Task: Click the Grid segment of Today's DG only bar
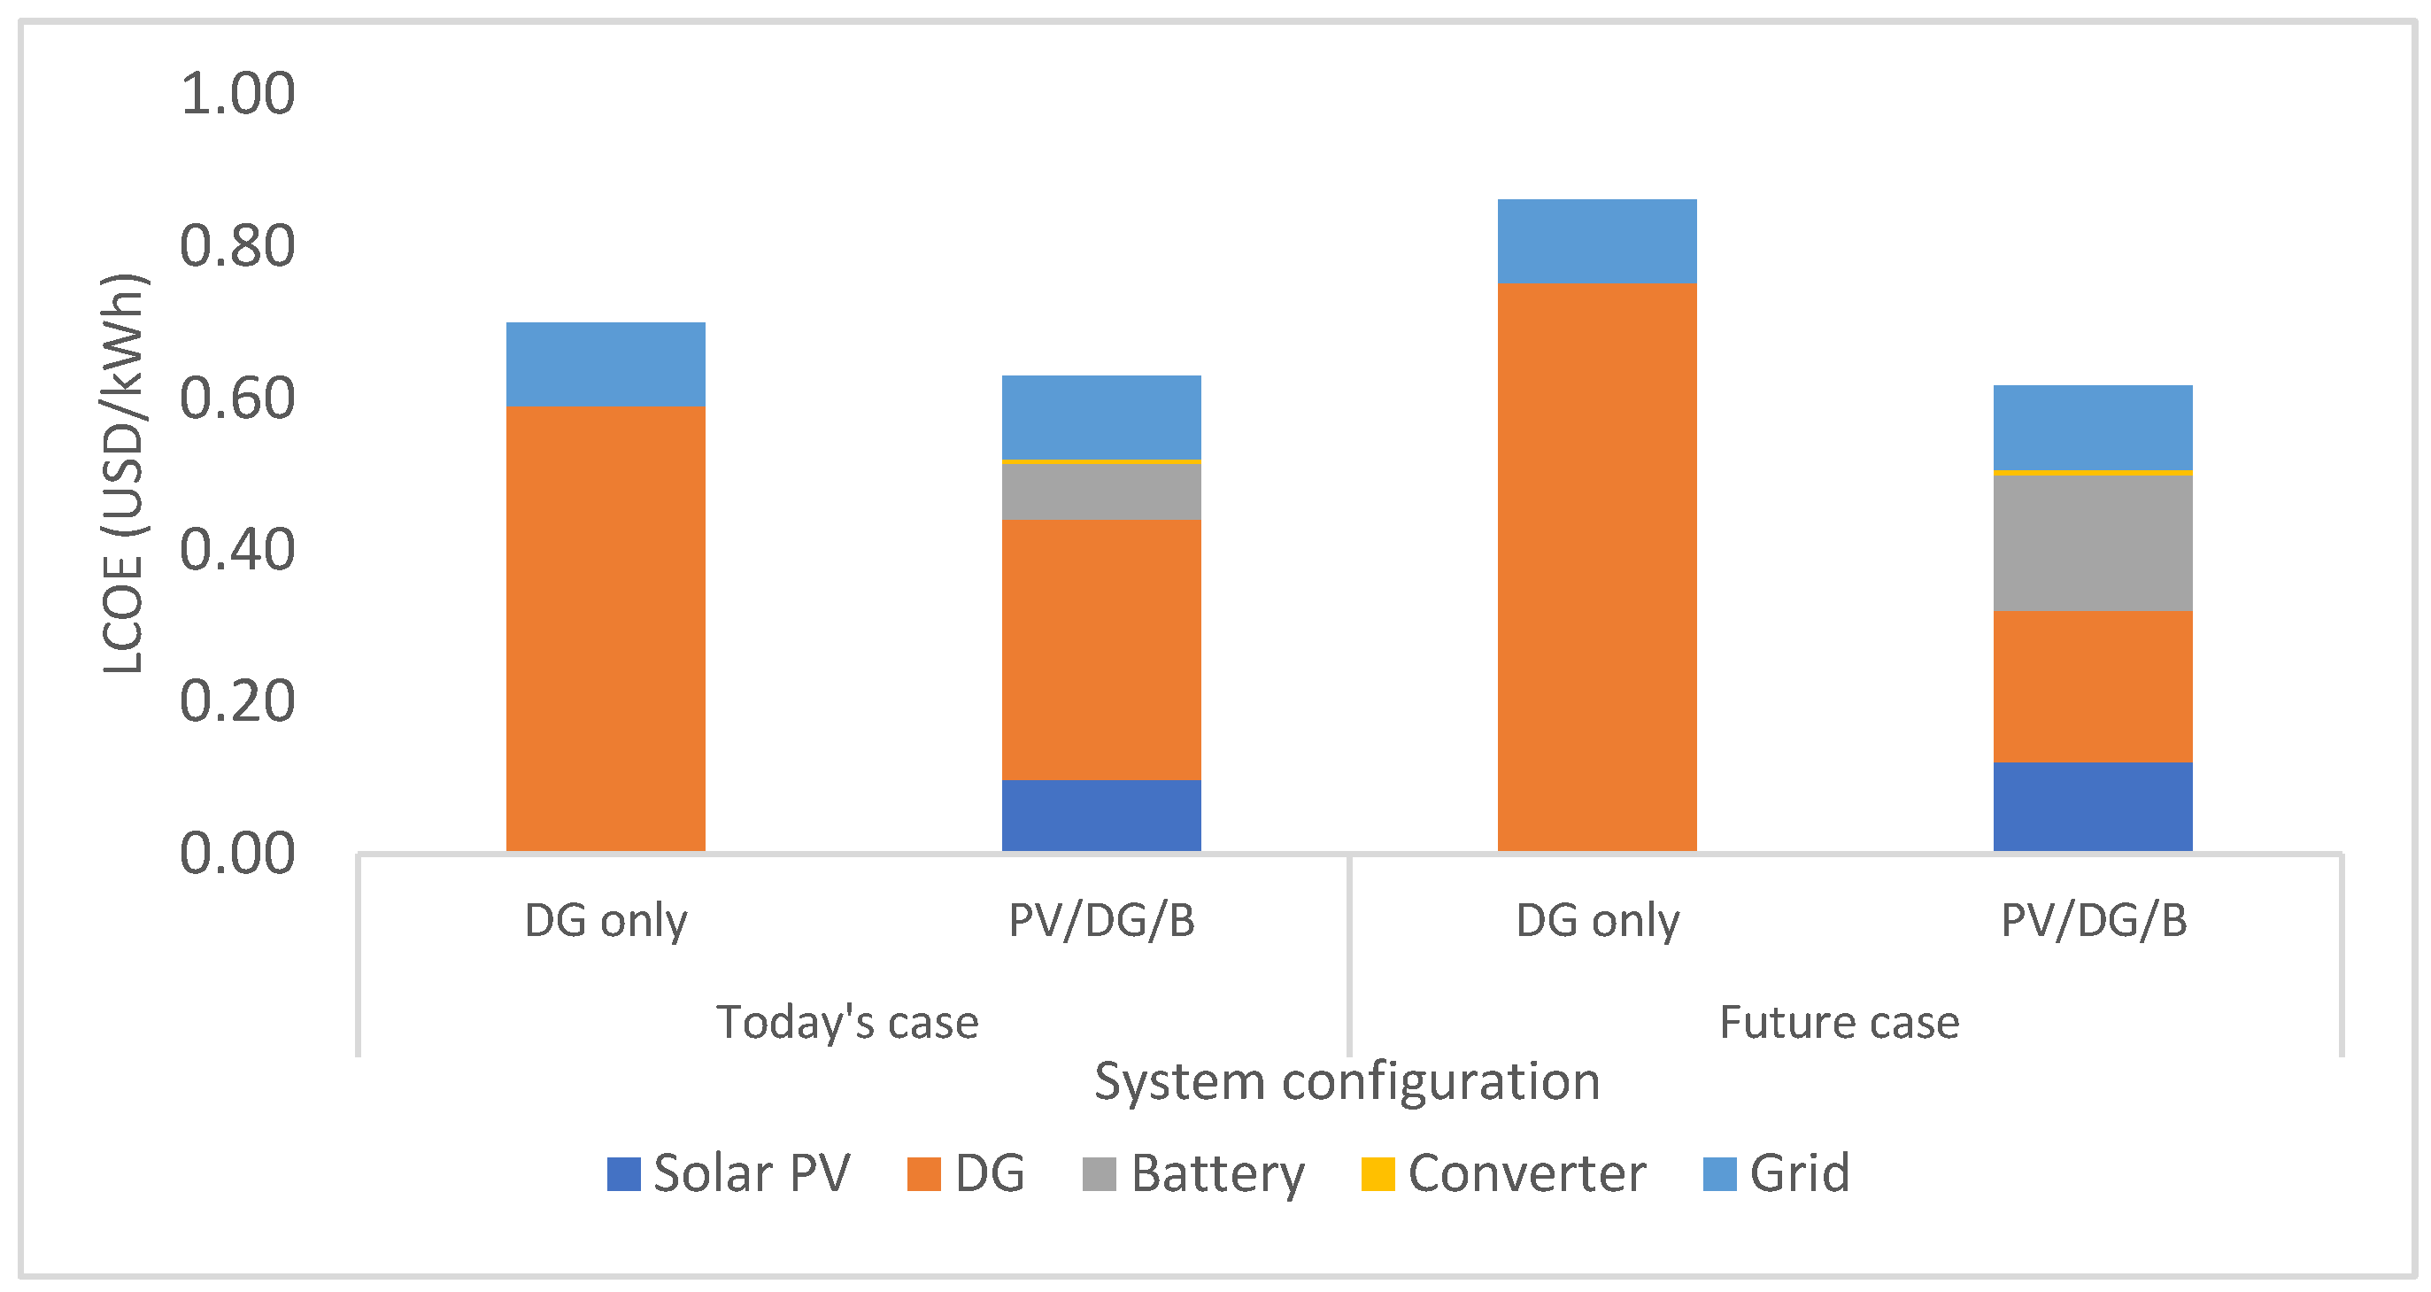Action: (605, 364)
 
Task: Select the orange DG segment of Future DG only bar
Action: (1597, 566)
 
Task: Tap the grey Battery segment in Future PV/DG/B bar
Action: (2092, 543)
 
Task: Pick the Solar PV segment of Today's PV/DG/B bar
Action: (1101, 816)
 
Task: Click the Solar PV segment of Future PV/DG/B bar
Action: (2092, 806)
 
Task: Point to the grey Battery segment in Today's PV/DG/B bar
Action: (1101, 491)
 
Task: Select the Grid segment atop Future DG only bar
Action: (1597, 241)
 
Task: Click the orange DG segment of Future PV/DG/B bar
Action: (2092, 686)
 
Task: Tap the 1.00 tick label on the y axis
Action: (237, 94)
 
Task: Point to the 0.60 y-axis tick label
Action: (237, 398)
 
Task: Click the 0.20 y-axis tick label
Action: (237, 701)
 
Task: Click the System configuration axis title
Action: (1347, 1081)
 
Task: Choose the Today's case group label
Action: (847, 1022)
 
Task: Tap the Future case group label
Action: (1839, 1022)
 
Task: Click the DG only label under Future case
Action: (1597, 920)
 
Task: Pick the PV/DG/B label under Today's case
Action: (1101, 920)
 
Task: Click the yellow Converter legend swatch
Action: (1377, 1174)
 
